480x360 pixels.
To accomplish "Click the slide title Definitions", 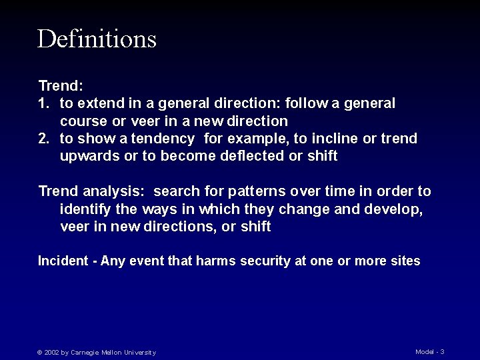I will [x=97, y=39].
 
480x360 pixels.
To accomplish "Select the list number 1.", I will [x=43, y=103].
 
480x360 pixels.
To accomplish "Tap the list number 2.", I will [x=43, y=139].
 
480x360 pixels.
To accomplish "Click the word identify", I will [x=85, y=209].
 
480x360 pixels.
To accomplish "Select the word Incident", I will [x=63, y=261].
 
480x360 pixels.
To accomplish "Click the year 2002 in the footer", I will [x=51, y=353].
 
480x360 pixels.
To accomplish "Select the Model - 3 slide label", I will [x=429, y=351].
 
